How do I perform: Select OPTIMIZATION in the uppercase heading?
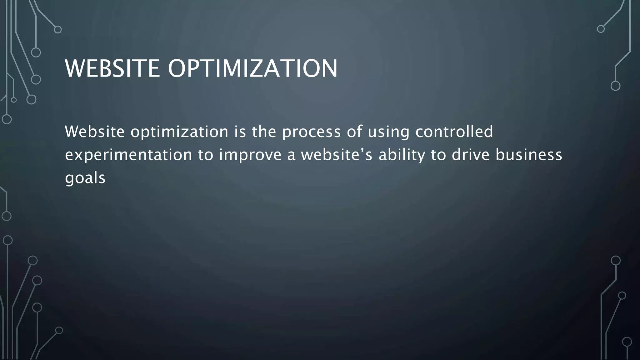252,68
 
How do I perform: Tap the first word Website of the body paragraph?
95,132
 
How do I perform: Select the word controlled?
454,132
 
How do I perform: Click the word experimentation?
128,155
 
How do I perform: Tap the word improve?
250,155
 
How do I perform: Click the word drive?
470,155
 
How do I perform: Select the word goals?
85,178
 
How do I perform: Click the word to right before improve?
205,155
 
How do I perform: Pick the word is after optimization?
240,132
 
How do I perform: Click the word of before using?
354,132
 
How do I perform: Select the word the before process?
264,132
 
